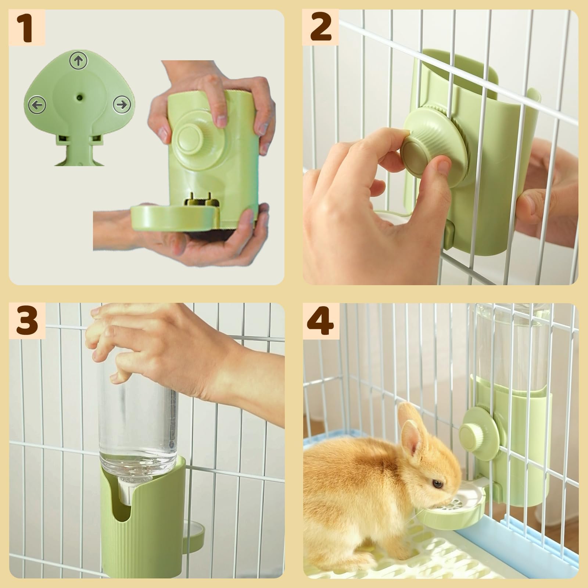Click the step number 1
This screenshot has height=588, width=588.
pyautogui.click(x=27, y=28)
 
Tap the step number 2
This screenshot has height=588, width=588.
pyautogui.click(x=320, y=28)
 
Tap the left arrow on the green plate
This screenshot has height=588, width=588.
pyautogui.click(x=37, y=105)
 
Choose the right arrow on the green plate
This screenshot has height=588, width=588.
pyautogui.click(x=121, y=105)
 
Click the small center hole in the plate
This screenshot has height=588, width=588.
pyautogui.click(x=79, y=98)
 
